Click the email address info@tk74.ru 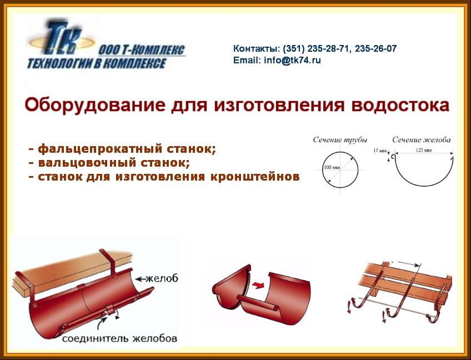pyautogui.click(x=292, y=61)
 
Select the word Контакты pyautogui.click(x=256, y=48)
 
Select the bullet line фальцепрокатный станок pyautogui.click(x=122, y=149)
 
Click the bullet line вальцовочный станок pyautogui.click(x=109, y=163)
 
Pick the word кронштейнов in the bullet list pyautogui.click(x=255, y=177)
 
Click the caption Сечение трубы pyautogui.click(x=340, y=140)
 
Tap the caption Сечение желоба pyautogui.click(x=422, y=140)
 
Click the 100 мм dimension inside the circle pyautogui.click(x=332, y=167)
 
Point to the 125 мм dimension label pyautogui.click(x=424, y=150)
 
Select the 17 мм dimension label pyautogui.click(x=380, y=150)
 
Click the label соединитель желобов pyautogui.click(x=119, y=338)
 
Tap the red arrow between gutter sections pyautogui.click(x=258, y=285)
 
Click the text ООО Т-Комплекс pyautogui.click(x=142, y=50)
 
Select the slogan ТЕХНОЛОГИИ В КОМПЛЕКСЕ pyautogui.click(x=97, y=63)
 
